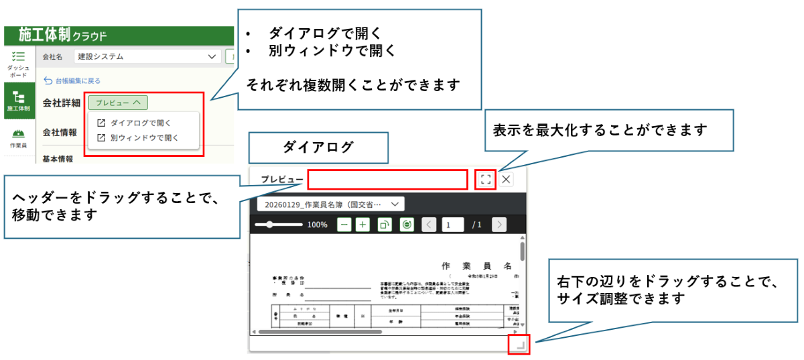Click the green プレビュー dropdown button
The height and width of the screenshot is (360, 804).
pos(117,103)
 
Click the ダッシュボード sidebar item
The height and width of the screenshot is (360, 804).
pos(18,64)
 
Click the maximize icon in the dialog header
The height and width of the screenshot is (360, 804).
pos(486,179)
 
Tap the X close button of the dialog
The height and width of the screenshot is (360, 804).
pos(507,179)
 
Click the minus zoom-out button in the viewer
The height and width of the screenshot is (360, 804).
pos(344,225)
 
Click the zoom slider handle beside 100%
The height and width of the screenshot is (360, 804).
pos(270,225)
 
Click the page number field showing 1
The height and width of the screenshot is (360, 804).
pos(452,225)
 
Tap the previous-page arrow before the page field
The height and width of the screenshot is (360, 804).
pos(429,225)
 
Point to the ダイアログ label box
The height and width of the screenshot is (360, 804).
pos(318,147)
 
